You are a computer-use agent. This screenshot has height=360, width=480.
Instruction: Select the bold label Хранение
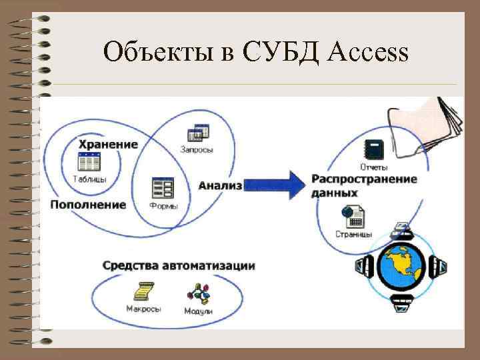click(109, 144)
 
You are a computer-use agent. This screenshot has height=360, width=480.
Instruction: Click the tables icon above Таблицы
click(89, 162)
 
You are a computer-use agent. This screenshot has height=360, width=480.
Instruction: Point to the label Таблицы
click(89, 179)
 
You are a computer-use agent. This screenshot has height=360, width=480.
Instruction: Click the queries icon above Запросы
click(195, 133)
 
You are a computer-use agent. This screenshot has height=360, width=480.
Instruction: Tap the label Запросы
click(197, 150)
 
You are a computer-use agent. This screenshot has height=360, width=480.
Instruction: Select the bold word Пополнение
click(88, 204)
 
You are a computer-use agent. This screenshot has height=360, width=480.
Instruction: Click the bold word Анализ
click(219, 185)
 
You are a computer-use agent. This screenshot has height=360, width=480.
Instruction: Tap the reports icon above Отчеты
click(372, 149)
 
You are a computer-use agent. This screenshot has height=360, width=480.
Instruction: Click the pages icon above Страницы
click(353, 216)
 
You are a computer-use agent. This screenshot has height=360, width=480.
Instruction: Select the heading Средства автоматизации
click(179, 265)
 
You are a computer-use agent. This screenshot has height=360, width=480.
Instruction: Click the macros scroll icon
click(143, 291)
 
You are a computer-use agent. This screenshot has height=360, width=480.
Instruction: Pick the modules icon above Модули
click(198, 293)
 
